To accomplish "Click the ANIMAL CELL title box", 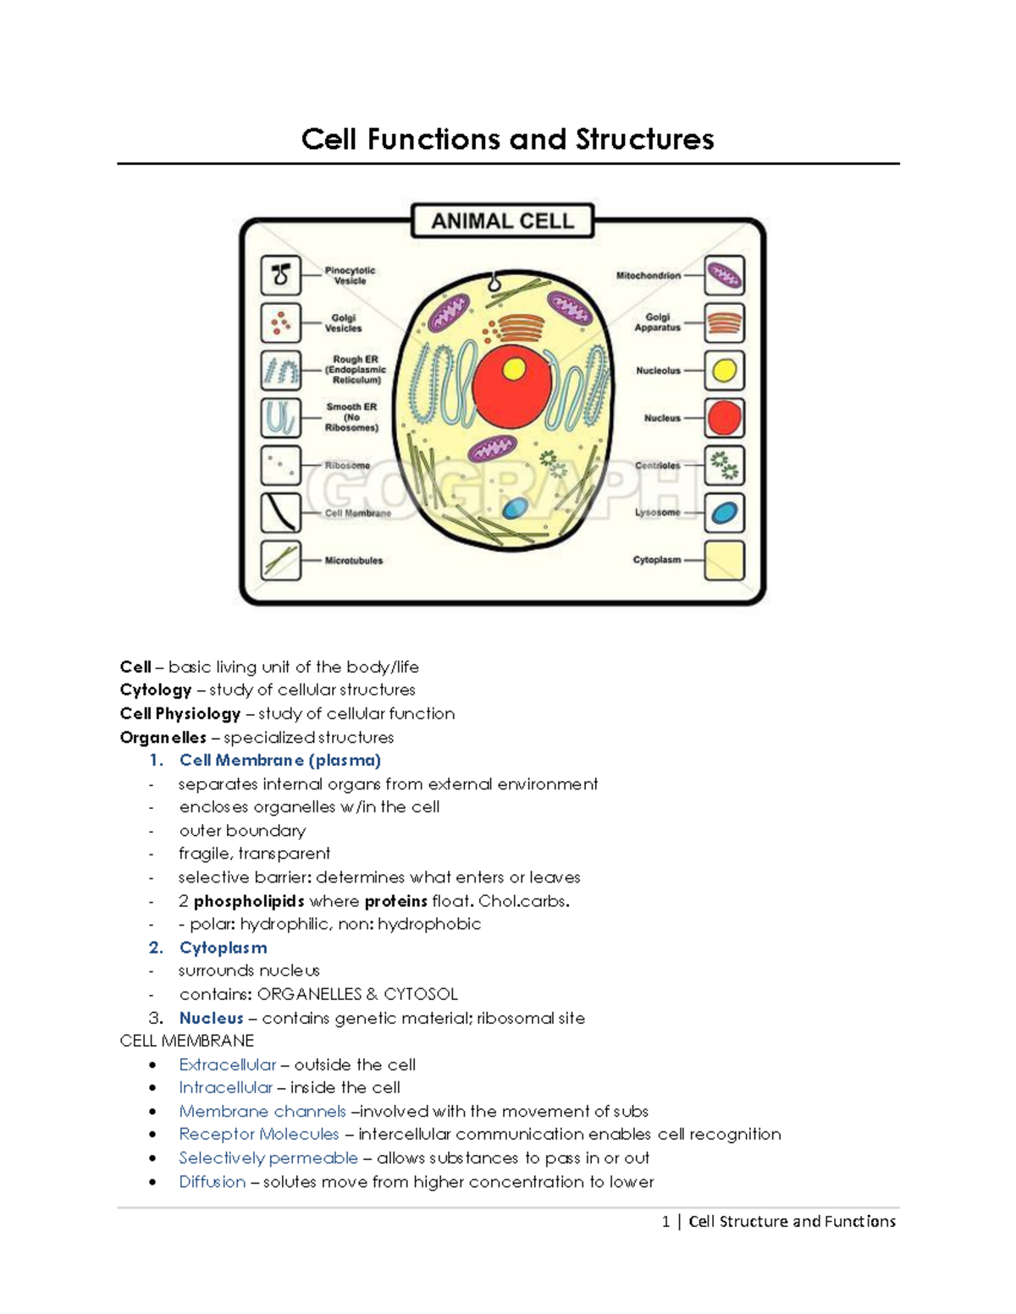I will (502, 221).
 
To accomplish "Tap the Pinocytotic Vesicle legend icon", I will (281, 275).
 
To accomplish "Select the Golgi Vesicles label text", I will (343, 323).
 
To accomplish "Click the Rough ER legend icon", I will (281, 371).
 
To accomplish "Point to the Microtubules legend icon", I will (281, 560).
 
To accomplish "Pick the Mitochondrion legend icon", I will (724, 275).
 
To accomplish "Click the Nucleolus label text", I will (658, 371).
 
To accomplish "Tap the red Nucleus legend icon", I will (724, 418).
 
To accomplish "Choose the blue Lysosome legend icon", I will (724, 513).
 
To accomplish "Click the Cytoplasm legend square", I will (724, 560).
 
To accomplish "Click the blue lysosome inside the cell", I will (515, 508).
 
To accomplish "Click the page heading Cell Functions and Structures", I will (507, 139).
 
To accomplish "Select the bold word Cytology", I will (156, 690).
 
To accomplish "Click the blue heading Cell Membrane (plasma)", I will (279, 760).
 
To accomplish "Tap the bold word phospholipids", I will (249, 901).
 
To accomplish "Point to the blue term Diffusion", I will (212, 1181).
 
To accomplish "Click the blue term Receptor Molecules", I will (258, 1134).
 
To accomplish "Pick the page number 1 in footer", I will (665, 1221).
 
